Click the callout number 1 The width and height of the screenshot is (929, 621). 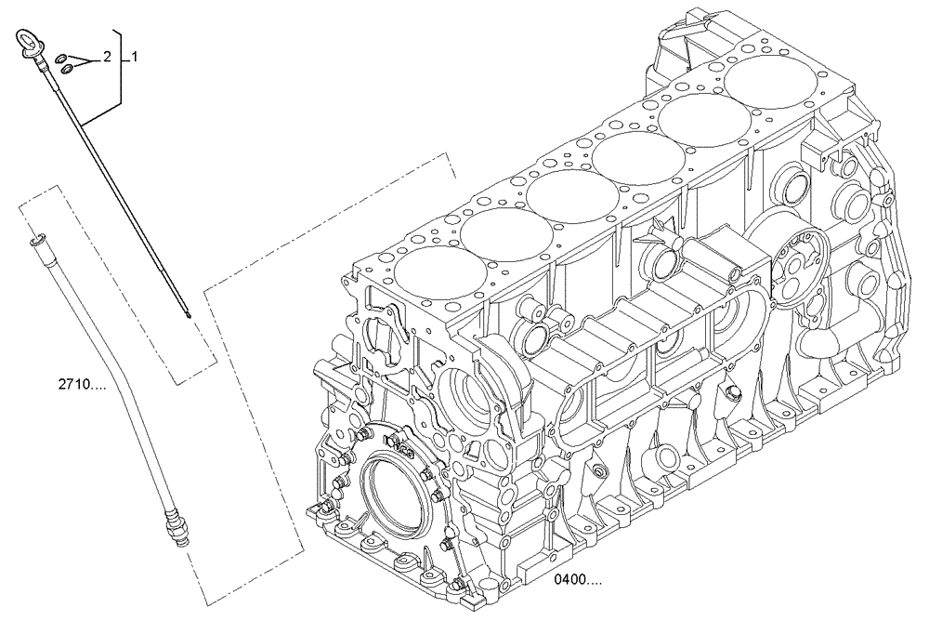(135, 57)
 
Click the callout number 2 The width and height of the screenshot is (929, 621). (107, 57)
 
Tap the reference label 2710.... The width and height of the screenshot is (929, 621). (81, 382)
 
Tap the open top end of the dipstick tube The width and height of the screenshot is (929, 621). (35, 241)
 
